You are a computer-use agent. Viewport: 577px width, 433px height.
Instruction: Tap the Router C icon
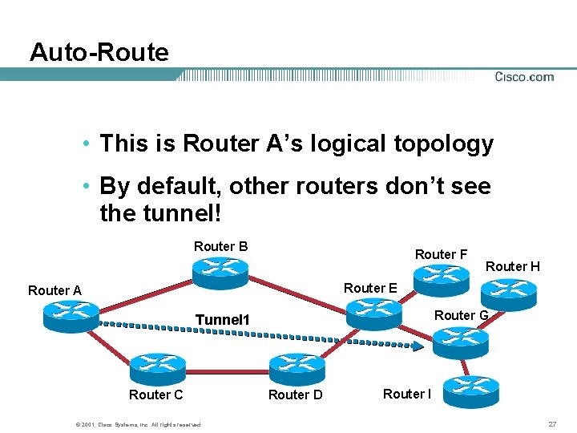157,367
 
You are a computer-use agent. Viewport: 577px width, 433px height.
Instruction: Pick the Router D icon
297,367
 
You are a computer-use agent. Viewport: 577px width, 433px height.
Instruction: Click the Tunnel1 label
223,320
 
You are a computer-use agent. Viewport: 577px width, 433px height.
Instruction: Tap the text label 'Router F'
441,254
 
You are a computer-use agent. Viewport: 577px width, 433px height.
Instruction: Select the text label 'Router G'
461,315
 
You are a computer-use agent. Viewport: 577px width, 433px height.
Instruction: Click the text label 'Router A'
54,290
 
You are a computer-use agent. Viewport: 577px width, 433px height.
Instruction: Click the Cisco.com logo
523,77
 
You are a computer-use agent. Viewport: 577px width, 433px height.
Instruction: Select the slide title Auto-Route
99,53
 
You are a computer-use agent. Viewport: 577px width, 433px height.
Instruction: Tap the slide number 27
551,423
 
